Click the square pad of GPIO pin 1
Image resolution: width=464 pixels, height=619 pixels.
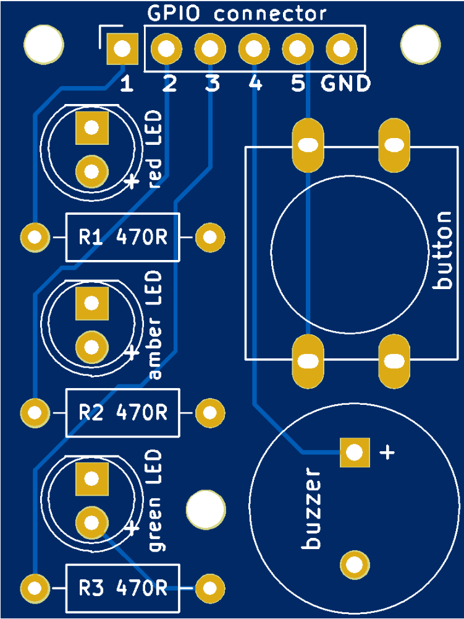coord(122,48)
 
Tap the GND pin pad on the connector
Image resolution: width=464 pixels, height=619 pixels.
coord(340,48)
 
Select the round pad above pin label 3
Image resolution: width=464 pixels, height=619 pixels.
coord(209,48)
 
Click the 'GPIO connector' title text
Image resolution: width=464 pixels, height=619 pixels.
coord(236,14)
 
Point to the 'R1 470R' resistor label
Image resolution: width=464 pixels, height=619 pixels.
coord(122,237)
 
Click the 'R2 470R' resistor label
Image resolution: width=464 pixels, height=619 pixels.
coord(122,412)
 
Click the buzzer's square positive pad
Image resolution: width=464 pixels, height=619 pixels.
coord(354,452)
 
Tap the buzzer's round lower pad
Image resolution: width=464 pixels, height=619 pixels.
coord(354,565)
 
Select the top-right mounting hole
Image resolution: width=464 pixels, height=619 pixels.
coord(421,43)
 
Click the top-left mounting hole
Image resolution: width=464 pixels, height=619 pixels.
coord(43,43)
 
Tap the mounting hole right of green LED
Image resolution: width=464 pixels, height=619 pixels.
coord(205,509)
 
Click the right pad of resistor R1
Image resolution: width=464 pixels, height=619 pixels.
coord(210,237)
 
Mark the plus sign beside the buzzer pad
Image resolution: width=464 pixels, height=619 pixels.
coord(387,452)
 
